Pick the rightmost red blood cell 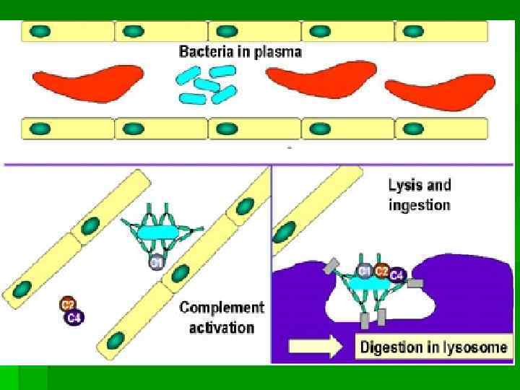(440, 92)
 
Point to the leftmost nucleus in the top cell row (40, 31)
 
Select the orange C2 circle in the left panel (68, 304)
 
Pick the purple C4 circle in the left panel (74, 316)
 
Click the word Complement (222, 308)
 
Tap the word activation (222, 328)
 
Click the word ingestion (418, 205)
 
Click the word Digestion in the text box (392, 347)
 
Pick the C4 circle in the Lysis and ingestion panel (396, 275)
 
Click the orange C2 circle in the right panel (382, 270)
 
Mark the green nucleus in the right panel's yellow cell (286, 233)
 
